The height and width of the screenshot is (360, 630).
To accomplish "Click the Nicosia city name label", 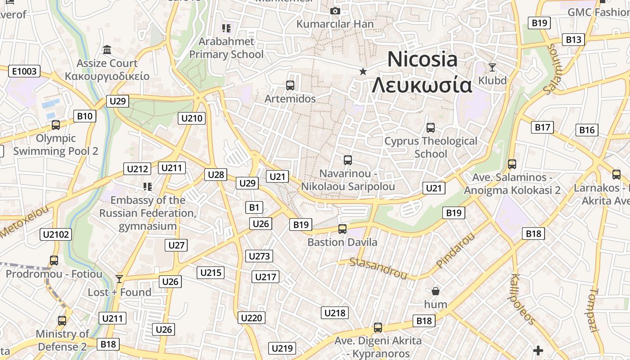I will click(422, 60).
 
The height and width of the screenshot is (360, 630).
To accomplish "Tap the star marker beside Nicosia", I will click(363, 72).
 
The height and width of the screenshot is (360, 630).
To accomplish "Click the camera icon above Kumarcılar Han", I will click(335, 11).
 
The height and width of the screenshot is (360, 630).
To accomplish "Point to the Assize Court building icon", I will click(107, 49).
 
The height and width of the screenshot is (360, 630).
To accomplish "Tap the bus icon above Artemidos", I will click(290, 85).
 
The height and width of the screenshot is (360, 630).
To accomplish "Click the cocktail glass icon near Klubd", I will click(492, 67).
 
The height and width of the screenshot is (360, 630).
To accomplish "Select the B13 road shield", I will click(573, 40).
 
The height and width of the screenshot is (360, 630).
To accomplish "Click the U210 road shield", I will click(192, 118).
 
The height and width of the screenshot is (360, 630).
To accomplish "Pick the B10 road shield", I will click(85, 116).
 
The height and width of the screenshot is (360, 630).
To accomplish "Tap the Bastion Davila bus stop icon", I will click(342, 229).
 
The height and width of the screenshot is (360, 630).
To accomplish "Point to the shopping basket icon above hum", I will click(435, 291).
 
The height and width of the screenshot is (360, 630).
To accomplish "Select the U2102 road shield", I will click(56, 234).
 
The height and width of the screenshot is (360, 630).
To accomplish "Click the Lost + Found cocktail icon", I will click(119, 279).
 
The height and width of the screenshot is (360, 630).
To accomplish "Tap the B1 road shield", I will click(254, 207).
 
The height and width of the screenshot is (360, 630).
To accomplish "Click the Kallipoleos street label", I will click(522, 299).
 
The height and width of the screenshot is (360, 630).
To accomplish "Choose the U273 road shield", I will click(260, 256).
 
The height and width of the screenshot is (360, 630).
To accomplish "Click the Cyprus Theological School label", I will click(431, 147).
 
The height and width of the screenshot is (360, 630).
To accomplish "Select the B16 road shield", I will click(587, 130).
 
